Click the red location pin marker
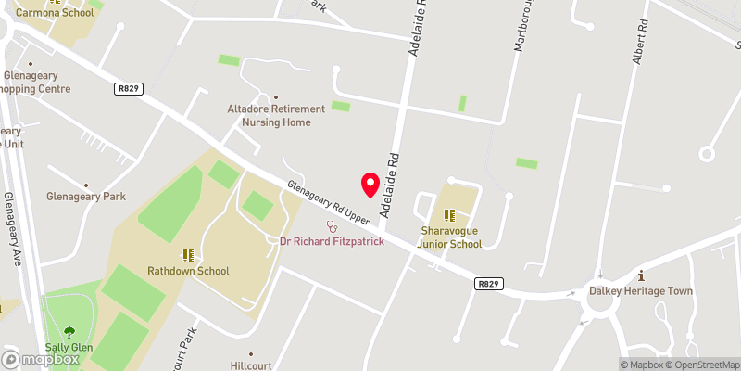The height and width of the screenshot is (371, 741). point(370,185)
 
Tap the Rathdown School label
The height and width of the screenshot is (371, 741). point(189,271)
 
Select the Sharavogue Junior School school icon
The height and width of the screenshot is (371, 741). point(449,215)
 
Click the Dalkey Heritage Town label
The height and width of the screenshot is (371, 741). point(641,290)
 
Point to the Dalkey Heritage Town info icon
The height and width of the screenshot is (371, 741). point(641,275)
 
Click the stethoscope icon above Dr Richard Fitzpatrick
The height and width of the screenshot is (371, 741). point(332,226)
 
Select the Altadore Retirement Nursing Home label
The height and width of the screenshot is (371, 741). point(270,115)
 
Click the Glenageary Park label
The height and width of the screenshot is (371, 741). point(86,197)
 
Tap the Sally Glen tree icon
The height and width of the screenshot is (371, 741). point(69,332)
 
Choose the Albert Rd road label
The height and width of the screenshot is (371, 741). point(637,41)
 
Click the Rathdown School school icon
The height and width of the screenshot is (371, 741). point(188,254)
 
